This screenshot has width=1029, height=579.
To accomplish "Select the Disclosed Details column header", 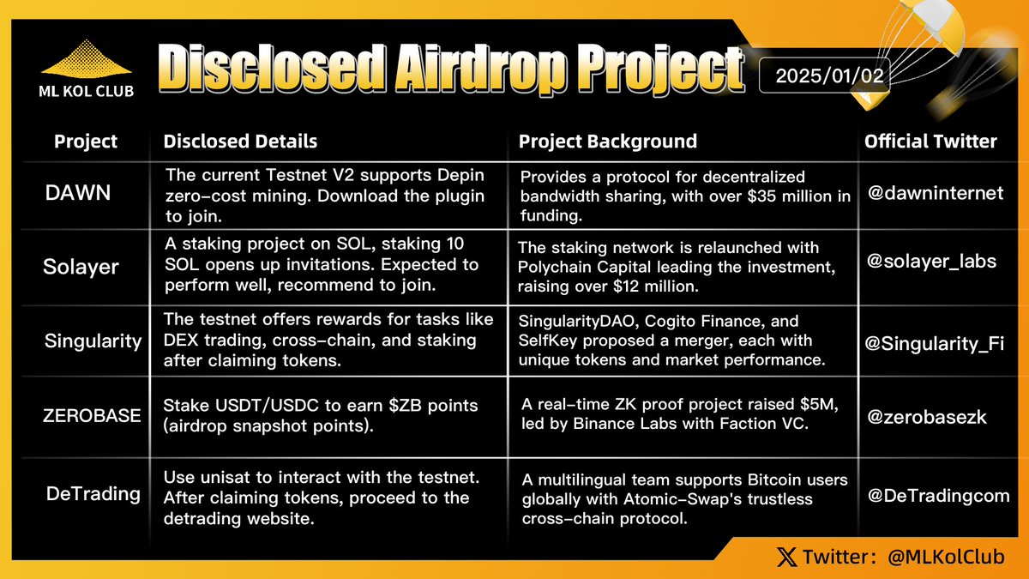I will (240, 142).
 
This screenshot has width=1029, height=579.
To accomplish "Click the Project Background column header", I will (607, 142).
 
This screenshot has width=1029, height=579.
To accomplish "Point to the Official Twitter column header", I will (930, 142).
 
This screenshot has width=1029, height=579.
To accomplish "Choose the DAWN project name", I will (78, 193).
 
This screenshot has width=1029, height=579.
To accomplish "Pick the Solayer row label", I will (81, 267).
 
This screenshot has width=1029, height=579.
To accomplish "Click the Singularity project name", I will (93, 341).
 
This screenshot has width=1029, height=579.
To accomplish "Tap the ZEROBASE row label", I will (93, 416).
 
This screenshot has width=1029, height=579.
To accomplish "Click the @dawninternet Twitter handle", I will (936, 193).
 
